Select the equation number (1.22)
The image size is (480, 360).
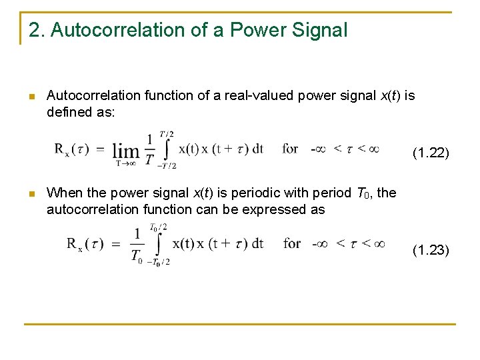[x=431, y=153]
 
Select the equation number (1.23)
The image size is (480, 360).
[x=431, y=250]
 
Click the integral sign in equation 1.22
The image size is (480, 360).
[x=166, y=150]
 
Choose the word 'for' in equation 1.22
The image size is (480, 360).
[x=290, y=149]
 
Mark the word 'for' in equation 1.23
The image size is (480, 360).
[x=292, y=243]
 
